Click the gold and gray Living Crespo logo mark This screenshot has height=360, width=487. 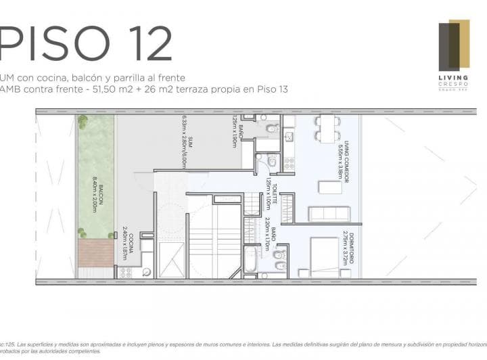pyautogui.click(x=454, y=45)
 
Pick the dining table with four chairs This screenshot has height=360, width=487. pyautogui.click(x=327, y=127)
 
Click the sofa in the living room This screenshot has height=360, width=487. pyautogui.click(x=329, y=215)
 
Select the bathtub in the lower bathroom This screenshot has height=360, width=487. pyautogui.click(x=251, y=261)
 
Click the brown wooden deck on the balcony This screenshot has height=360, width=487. pyautogui.click(x=96, y=254)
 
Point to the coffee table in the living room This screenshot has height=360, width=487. pyautogui.click(x=330, y=187)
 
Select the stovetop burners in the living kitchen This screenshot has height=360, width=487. pyautogui.click(x=289, y=163)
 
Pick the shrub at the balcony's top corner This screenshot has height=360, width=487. pyautogui.click(x=83, y=122)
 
